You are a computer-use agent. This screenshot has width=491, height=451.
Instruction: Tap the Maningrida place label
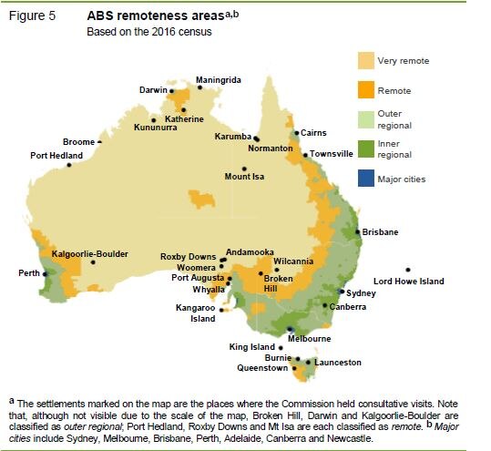[x=219, y=80]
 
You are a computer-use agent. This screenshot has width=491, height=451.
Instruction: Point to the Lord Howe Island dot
[x=408, y=270]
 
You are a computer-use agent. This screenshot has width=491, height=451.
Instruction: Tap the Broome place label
[x=79, y=142]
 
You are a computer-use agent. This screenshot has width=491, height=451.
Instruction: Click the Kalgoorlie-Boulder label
[x=90, y=253]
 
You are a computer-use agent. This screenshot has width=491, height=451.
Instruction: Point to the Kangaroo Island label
[x=196, y=313]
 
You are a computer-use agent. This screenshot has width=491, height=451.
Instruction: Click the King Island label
[x=251, y=347]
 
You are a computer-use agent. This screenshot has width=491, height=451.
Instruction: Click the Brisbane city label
[x=380, y=232]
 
